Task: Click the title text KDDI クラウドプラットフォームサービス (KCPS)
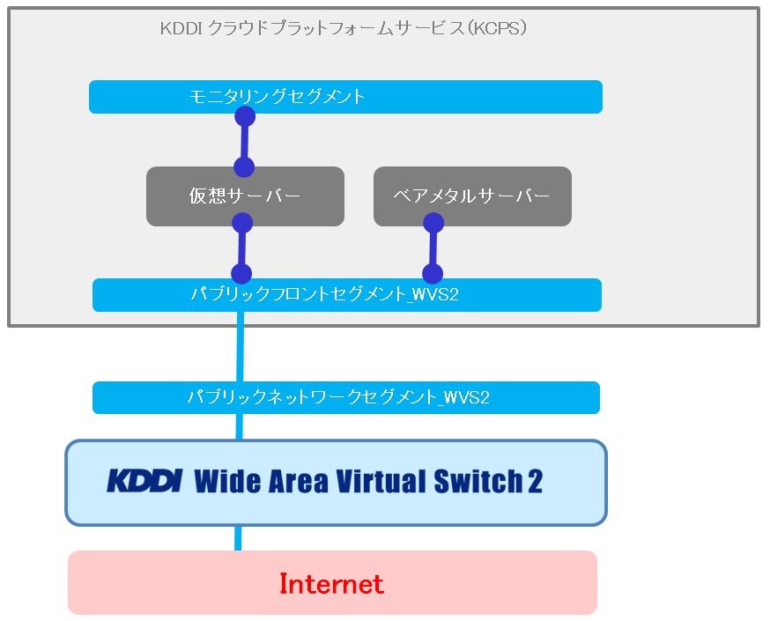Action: point(344,28)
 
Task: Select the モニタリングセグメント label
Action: point(277,96)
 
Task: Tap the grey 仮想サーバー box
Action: point(245,196)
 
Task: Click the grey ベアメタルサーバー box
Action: point(472,196)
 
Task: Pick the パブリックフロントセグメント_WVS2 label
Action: point(324,294)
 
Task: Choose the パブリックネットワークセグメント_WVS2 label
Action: point(339,396)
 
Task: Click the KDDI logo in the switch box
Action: point(144,481)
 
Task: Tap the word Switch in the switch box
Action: point(478,481)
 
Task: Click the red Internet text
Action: point(331,584)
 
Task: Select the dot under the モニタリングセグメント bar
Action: point(245,116)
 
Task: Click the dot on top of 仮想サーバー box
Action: point(244,167)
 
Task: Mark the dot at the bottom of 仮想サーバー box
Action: point(242,223)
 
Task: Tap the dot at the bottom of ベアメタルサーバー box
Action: point(433,223)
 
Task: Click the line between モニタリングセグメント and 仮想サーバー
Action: point(245,142)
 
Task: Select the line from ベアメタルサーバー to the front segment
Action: point(433,248)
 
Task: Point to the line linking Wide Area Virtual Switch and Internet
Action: point(238,538)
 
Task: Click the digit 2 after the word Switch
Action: point(536,481)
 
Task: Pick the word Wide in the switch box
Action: point(227,481)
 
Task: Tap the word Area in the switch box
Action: point(298,481)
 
